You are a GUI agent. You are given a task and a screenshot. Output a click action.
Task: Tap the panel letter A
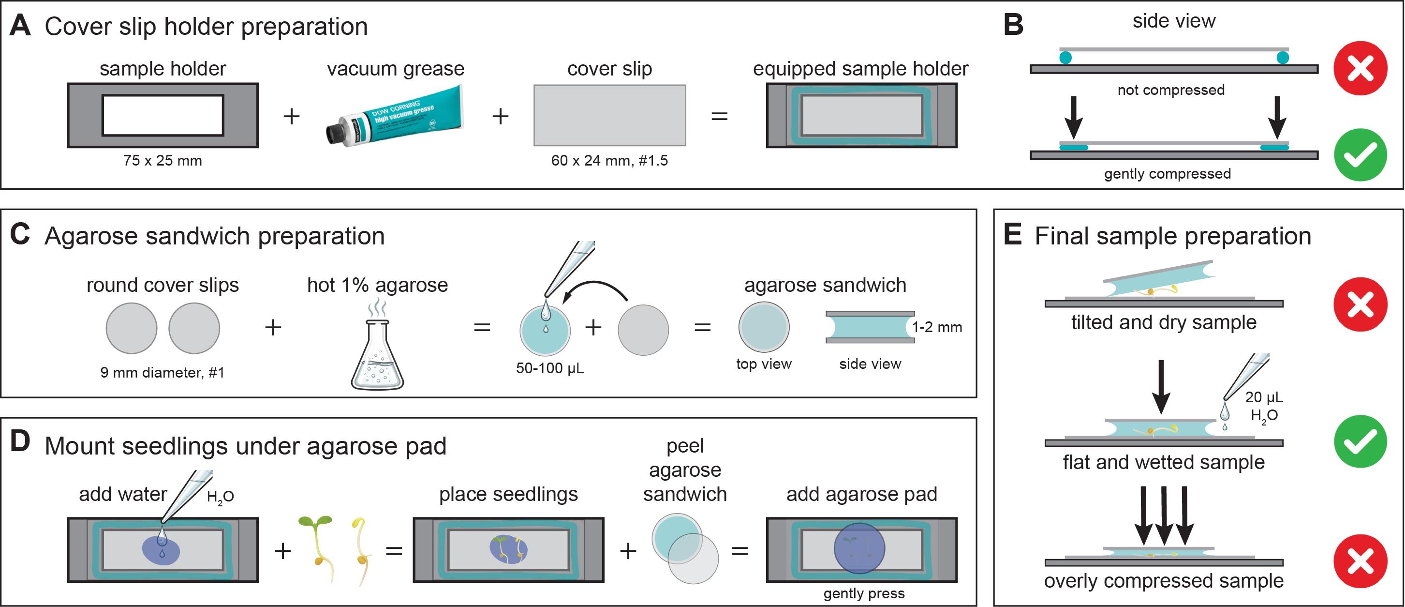20,26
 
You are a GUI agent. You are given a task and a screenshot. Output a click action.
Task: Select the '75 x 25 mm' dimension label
163,161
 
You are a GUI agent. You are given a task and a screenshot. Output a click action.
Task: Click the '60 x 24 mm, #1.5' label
609,161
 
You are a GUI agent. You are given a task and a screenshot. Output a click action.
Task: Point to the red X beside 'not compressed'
1361,68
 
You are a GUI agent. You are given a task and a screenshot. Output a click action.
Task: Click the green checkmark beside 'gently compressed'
1361,155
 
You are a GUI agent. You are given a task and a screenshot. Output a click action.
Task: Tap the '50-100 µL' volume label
550,368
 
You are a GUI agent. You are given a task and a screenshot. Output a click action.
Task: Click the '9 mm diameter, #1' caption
163,373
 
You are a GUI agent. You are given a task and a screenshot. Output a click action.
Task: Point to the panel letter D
20,442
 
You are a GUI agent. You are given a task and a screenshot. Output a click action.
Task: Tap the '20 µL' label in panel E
1264,397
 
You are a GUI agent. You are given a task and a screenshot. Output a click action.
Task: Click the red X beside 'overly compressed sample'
1361,561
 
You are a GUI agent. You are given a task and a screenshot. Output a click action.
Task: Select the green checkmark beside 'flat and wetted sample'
1361,442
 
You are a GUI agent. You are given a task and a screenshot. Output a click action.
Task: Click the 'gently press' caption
864,593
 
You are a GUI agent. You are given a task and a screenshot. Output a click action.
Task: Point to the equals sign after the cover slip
719,116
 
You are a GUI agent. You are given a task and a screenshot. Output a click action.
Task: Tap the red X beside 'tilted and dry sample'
1361,304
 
